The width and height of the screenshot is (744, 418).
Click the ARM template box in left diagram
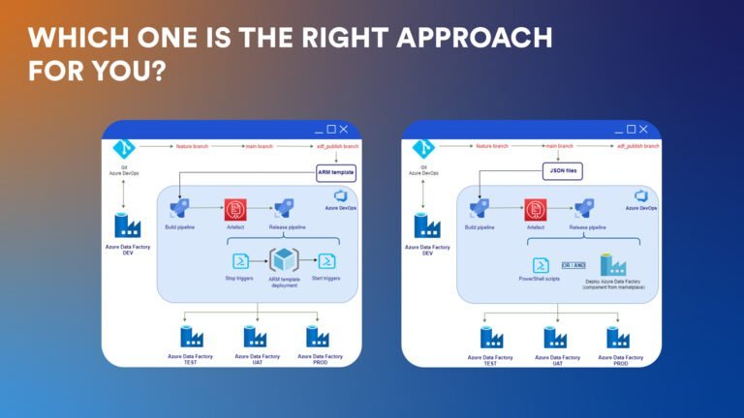click(336, 172)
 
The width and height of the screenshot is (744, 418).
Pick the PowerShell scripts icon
click(540, 264)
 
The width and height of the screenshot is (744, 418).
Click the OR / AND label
click(574, 264)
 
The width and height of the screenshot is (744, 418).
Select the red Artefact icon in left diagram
click(234, 208)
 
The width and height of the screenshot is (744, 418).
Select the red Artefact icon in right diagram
click(534, 208)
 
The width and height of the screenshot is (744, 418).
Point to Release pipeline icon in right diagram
click(583, 208)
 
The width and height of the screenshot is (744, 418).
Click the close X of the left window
click(343, 129)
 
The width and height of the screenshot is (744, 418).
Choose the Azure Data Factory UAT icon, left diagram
click(255, 337)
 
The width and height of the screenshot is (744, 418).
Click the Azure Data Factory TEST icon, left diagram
click(191, 337)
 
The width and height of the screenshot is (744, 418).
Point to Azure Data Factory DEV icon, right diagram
click(427, 224)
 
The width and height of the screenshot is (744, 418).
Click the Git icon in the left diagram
click(122, 148)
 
